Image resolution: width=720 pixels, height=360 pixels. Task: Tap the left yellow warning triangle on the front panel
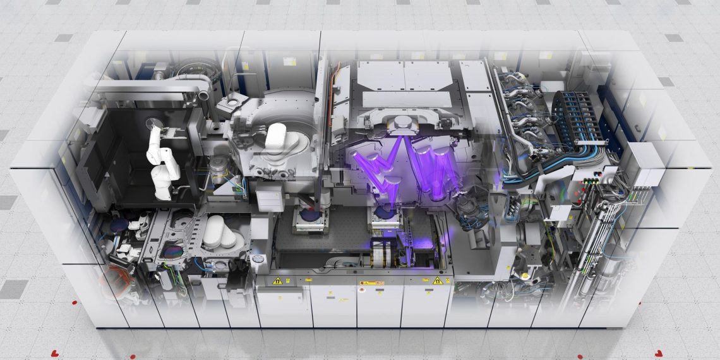click(x=277, y=280)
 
